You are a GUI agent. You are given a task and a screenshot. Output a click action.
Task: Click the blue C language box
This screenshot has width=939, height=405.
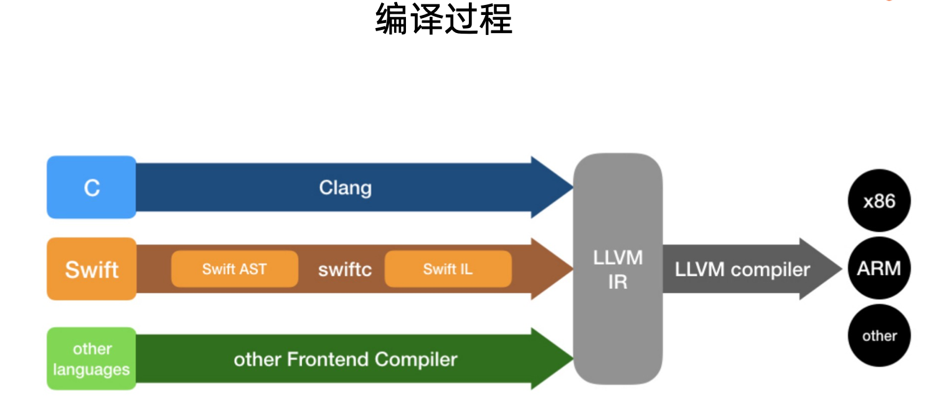[x=92, y=188]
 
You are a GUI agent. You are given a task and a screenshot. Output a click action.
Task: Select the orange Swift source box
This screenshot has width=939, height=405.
[x=92, y=269]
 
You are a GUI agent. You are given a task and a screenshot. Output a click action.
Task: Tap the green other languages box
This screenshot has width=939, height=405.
[x=92, y=359]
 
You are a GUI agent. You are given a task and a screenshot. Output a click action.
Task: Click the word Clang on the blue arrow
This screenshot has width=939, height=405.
[x=345, y=188]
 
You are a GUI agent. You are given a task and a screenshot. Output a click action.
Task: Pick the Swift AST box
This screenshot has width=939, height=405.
[x=234, y=269]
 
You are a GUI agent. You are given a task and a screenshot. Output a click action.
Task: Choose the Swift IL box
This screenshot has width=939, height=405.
[x=448, y=269]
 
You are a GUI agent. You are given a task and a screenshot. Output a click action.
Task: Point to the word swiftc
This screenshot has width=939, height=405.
[x=344, y=269]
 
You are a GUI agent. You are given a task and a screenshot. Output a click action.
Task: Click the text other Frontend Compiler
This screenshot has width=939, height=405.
[x=345, y=360]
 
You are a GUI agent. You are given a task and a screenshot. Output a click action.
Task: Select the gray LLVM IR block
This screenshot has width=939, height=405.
[x=617, y=269]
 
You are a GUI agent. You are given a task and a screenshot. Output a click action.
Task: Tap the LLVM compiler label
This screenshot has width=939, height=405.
[x=742, y=269]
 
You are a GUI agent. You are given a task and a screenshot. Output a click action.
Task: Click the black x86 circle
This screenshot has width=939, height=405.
[x=879, y=201]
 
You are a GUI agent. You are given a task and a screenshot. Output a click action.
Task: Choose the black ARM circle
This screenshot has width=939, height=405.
[x=879, y=269]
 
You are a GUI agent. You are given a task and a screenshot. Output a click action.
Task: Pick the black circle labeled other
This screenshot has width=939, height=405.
[x=879, y=336]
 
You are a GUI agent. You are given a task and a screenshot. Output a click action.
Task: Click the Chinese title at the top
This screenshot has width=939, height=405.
[x=443, y=19]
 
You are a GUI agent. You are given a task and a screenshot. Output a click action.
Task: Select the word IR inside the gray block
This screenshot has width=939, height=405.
[x=617, y=282]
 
